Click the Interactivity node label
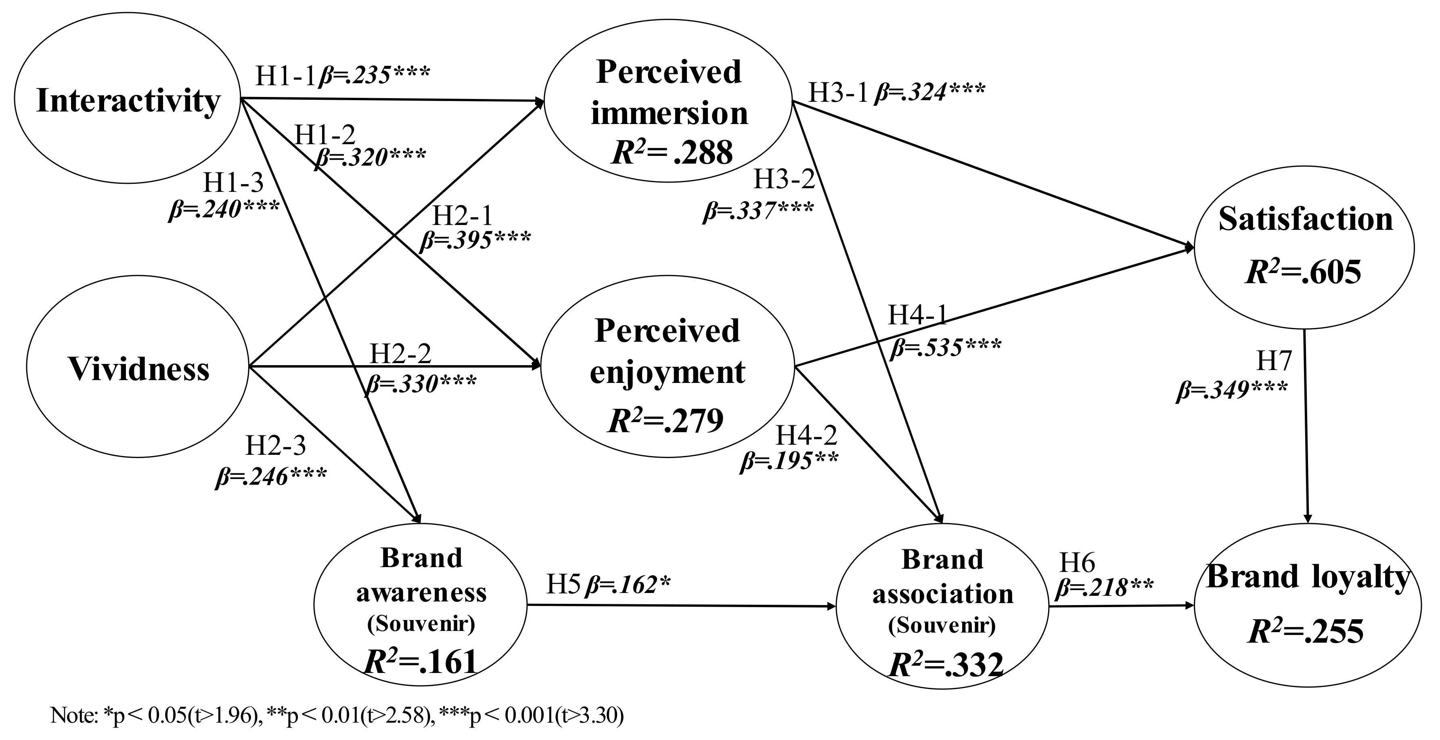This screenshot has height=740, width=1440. click(x=128, y=101)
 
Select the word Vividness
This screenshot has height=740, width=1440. click(x=139, y=369)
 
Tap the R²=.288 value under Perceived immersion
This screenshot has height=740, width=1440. click(x=671, y=152)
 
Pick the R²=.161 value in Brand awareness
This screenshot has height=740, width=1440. click(x=421, y=662)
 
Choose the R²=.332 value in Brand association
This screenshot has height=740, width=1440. click(x=946, y=665)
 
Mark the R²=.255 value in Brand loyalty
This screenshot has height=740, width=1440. click(x=1306, y=631)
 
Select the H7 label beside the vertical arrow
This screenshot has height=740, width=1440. click(x=1274, y=362)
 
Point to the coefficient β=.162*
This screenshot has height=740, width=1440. click(x=627, y=585)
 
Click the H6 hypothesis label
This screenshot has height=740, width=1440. click(x=1077, y=563)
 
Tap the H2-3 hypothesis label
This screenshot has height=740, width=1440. click(x=276, y=446)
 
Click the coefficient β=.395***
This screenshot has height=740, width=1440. click(x=475, y=240)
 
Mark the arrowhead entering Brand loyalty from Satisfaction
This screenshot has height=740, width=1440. click(x=1308, y=519)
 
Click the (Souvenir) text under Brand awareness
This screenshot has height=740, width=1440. click(x=421, y=624)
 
